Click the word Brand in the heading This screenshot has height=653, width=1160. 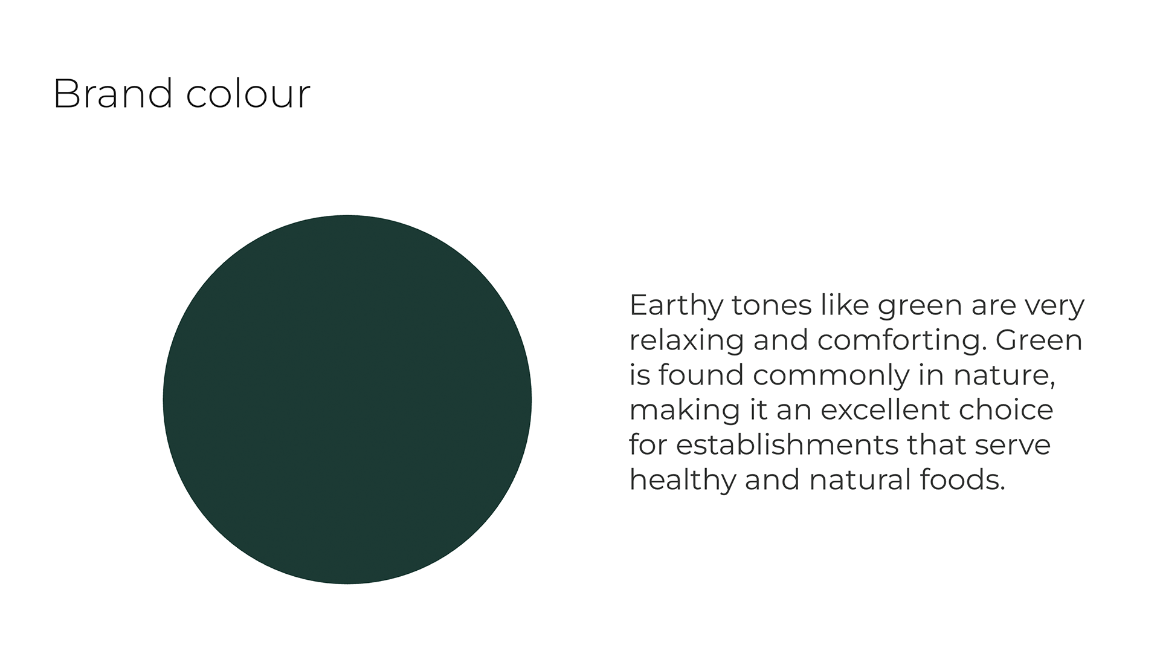click(x=113, y=94)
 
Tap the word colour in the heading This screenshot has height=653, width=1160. click(x=248, y=94)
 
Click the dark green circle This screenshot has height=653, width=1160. click(x=347, y=399)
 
